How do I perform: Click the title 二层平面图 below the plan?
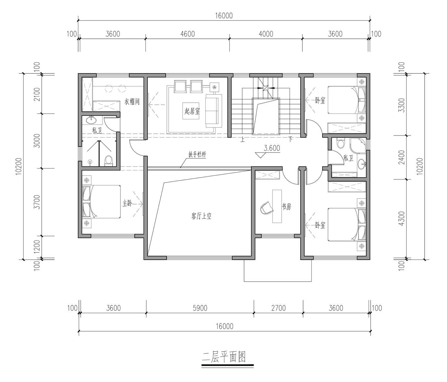(x=224, y=357)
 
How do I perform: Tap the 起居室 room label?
(x=192, y=111)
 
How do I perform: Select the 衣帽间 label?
(x=132, y=101)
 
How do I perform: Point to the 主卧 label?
(x=127, y=204)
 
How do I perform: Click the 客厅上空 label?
(x=201, y=216)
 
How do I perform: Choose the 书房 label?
(x=286, y=207)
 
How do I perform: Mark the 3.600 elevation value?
(x=272, y=148)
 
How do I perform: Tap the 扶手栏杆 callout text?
(x=197, y=155)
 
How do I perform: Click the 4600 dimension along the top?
(x=187, y=34)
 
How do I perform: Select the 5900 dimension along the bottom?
(x=200, y=308)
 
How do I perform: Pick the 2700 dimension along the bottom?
(x=279, y=308)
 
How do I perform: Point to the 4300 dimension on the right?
(x=401, y=219)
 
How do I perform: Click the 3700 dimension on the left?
(x=37, y=202)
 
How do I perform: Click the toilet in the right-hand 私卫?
(x=340, y=144)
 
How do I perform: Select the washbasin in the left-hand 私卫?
(x=91, y=120)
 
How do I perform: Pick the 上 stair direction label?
(x=243, y=140)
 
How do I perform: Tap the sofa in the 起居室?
(x=214, y=111)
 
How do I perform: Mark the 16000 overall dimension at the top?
(x=224, y=16)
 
